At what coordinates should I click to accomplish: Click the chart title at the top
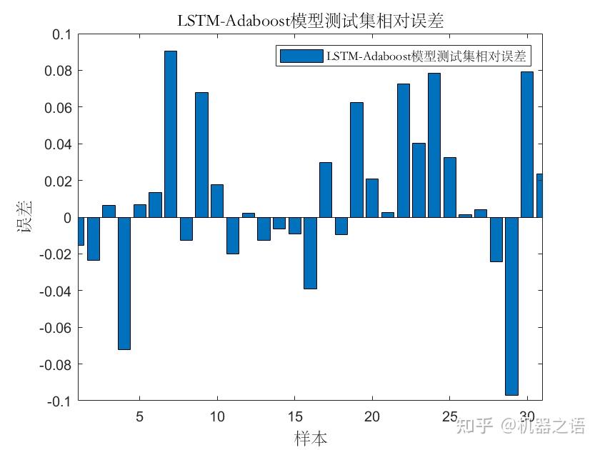[310, 21]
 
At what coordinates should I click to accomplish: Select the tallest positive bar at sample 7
[171, 134]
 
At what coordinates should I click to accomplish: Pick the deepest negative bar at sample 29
[511, 306]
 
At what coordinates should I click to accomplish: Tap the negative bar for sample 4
[124, 284]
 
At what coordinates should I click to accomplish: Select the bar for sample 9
[201, 155]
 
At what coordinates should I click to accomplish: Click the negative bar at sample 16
[310, 253]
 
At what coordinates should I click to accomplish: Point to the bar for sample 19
[356, 160]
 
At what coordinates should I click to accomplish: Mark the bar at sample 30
[527, 144]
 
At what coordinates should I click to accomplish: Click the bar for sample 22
[404, 151]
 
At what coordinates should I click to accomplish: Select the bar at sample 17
[326, 190]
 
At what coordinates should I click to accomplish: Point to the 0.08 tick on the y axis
[59, 71]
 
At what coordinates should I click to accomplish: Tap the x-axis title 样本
[310, 438]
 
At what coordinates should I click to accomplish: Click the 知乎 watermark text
[475, 426]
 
